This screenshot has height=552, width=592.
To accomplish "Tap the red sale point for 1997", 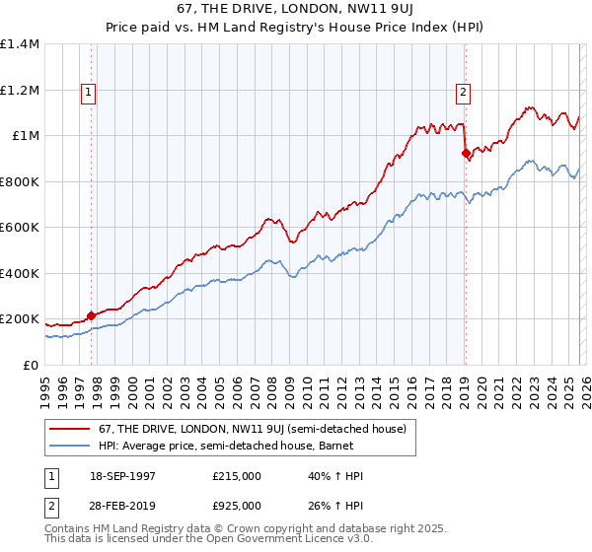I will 92,315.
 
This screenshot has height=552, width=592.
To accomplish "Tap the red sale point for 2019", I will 466,154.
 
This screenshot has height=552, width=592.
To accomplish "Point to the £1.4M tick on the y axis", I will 20,44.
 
